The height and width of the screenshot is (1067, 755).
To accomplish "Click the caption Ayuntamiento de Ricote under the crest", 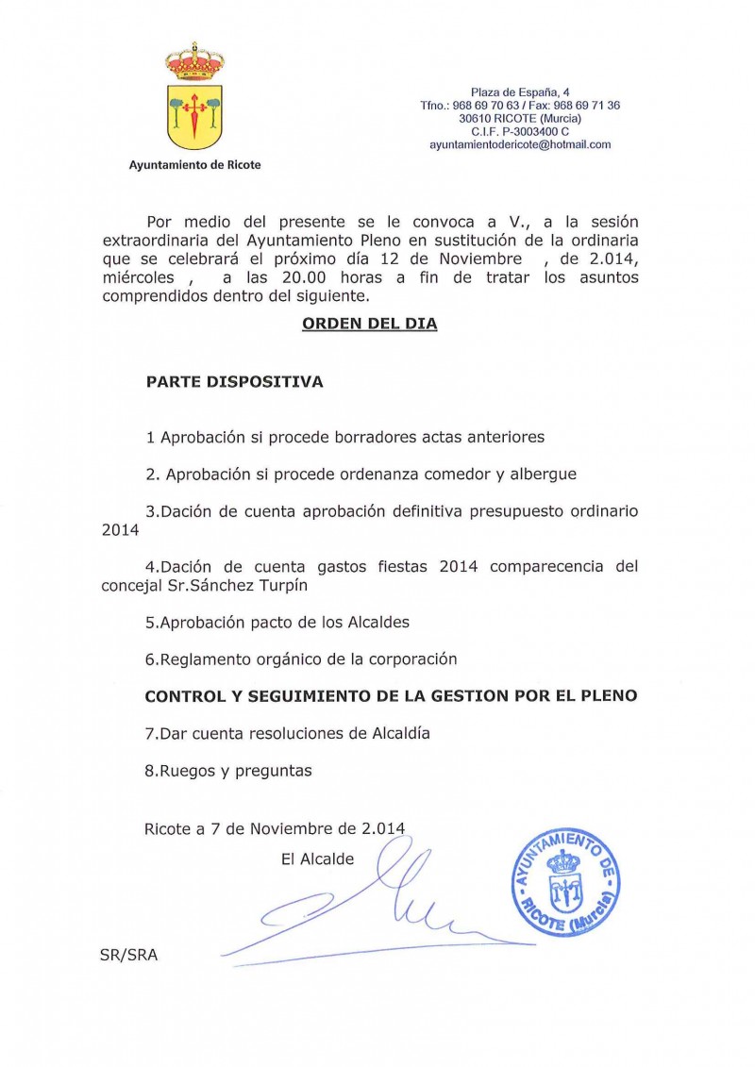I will [x=194, y=165].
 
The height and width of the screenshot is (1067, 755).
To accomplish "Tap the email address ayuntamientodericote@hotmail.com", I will [x=520, y=145].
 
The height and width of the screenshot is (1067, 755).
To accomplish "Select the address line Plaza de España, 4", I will [x=520, y=92].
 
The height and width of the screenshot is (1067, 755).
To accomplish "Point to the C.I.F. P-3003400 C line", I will [x=520, y=132].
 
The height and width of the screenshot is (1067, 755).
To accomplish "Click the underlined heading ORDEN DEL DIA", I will [x=369, y=324].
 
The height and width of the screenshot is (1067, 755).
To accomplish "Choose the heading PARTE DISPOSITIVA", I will [x=234, y=383].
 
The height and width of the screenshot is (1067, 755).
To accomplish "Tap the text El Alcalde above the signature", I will [x=317, y=859].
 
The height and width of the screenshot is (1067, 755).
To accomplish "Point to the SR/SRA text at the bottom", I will [x=128, y=955].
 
